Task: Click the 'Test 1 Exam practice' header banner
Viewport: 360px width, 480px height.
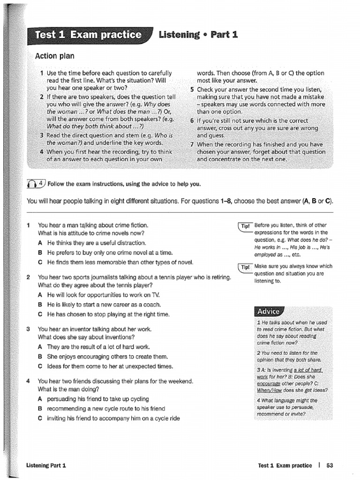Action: click(89, 35)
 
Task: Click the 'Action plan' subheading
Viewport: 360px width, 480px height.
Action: click(55, 56)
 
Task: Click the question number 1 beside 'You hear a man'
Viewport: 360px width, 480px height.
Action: click(29, 225)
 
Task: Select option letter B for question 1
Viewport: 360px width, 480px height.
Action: click(41, 252)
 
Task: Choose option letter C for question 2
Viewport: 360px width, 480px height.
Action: click(41, 314)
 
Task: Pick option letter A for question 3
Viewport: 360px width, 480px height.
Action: click(41, 347)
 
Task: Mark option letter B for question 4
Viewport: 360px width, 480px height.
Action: click(41, 409)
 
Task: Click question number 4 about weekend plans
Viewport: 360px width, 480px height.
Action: click(29, 381)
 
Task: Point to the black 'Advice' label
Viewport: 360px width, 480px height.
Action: click(268, 312)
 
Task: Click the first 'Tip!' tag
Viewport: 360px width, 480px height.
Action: click(246, 226)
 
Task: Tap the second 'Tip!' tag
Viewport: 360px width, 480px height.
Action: click(246, 267)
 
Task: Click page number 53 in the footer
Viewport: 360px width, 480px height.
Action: click(329, 465)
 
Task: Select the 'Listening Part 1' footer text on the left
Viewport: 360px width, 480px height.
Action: click(46, 465)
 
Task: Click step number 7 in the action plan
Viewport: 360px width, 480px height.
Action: click(192, 144)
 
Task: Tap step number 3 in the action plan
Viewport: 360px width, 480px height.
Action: click(42, 135)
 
